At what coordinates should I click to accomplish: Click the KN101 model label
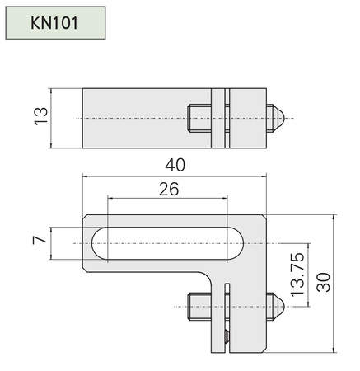54,23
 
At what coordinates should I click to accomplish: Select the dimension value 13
41,116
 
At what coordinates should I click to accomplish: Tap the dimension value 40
175,165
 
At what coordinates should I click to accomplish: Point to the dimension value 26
169,189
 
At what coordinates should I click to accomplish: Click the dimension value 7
40,240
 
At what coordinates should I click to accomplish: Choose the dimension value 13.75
297,275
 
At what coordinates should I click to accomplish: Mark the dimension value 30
324,282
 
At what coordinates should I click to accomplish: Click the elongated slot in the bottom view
167,243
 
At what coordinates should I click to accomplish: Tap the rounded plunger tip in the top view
279,118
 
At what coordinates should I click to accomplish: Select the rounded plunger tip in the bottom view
279,307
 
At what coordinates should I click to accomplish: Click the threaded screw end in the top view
199,118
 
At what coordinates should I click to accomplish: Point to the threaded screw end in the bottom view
199,307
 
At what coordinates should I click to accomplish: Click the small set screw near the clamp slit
227,336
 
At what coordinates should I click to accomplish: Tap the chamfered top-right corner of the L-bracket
264,217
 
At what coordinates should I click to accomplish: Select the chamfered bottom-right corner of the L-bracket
264,350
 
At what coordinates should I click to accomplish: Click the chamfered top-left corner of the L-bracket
85,217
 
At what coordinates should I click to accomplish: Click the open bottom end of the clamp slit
227,352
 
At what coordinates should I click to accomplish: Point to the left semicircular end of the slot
100,243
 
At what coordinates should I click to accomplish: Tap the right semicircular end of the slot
236,243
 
